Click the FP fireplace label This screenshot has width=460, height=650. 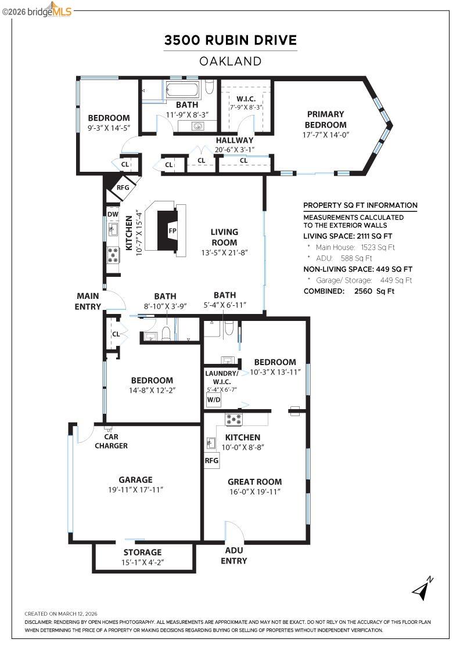click(x=172, y=230)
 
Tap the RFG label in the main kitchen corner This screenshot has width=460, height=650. click(x=123, y=187)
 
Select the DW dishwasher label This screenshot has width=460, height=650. click(x=113, y=214)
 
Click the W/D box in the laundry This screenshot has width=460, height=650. click(x=213, y=400)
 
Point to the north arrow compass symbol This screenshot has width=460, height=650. click(x=423, y=588)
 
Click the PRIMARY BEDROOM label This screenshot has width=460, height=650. click(x=326, y=120)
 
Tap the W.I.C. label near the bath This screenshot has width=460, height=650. click(x=246, y=99)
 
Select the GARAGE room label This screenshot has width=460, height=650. click(x=135, y=480)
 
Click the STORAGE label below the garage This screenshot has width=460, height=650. click(x=142, y=552)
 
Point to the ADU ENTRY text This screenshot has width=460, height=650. click(x=234, y=555)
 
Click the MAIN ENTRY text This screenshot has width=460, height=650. click(x=88, y=301)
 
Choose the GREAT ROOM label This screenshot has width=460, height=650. click(x=254, y=482)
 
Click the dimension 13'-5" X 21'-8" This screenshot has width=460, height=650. click(x=224, y=253)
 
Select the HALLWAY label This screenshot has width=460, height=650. click(x=235, y=140)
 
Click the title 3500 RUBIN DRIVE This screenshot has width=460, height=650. click(x=230, y=40)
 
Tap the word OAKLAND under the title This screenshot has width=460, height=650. click(x=230, y=61)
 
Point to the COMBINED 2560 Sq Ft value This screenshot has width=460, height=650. click(x=374, y=291)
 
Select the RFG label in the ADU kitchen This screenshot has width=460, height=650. click(x=211, y=461)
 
